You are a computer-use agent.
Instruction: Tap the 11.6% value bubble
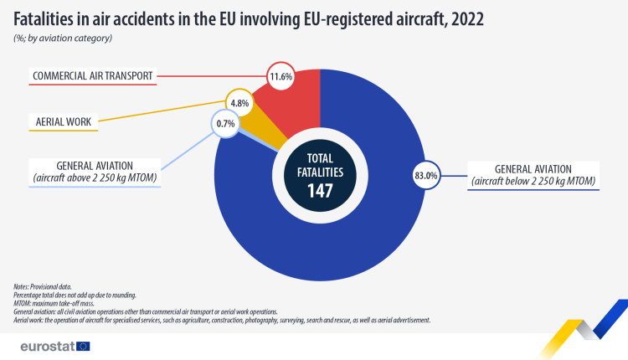(280, 76)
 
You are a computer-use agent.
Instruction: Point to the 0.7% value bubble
(224, 124)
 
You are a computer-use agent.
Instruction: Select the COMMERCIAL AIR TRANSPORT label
(92, 76)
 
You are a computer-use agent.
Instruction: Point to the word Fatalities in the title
(51, 18)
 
